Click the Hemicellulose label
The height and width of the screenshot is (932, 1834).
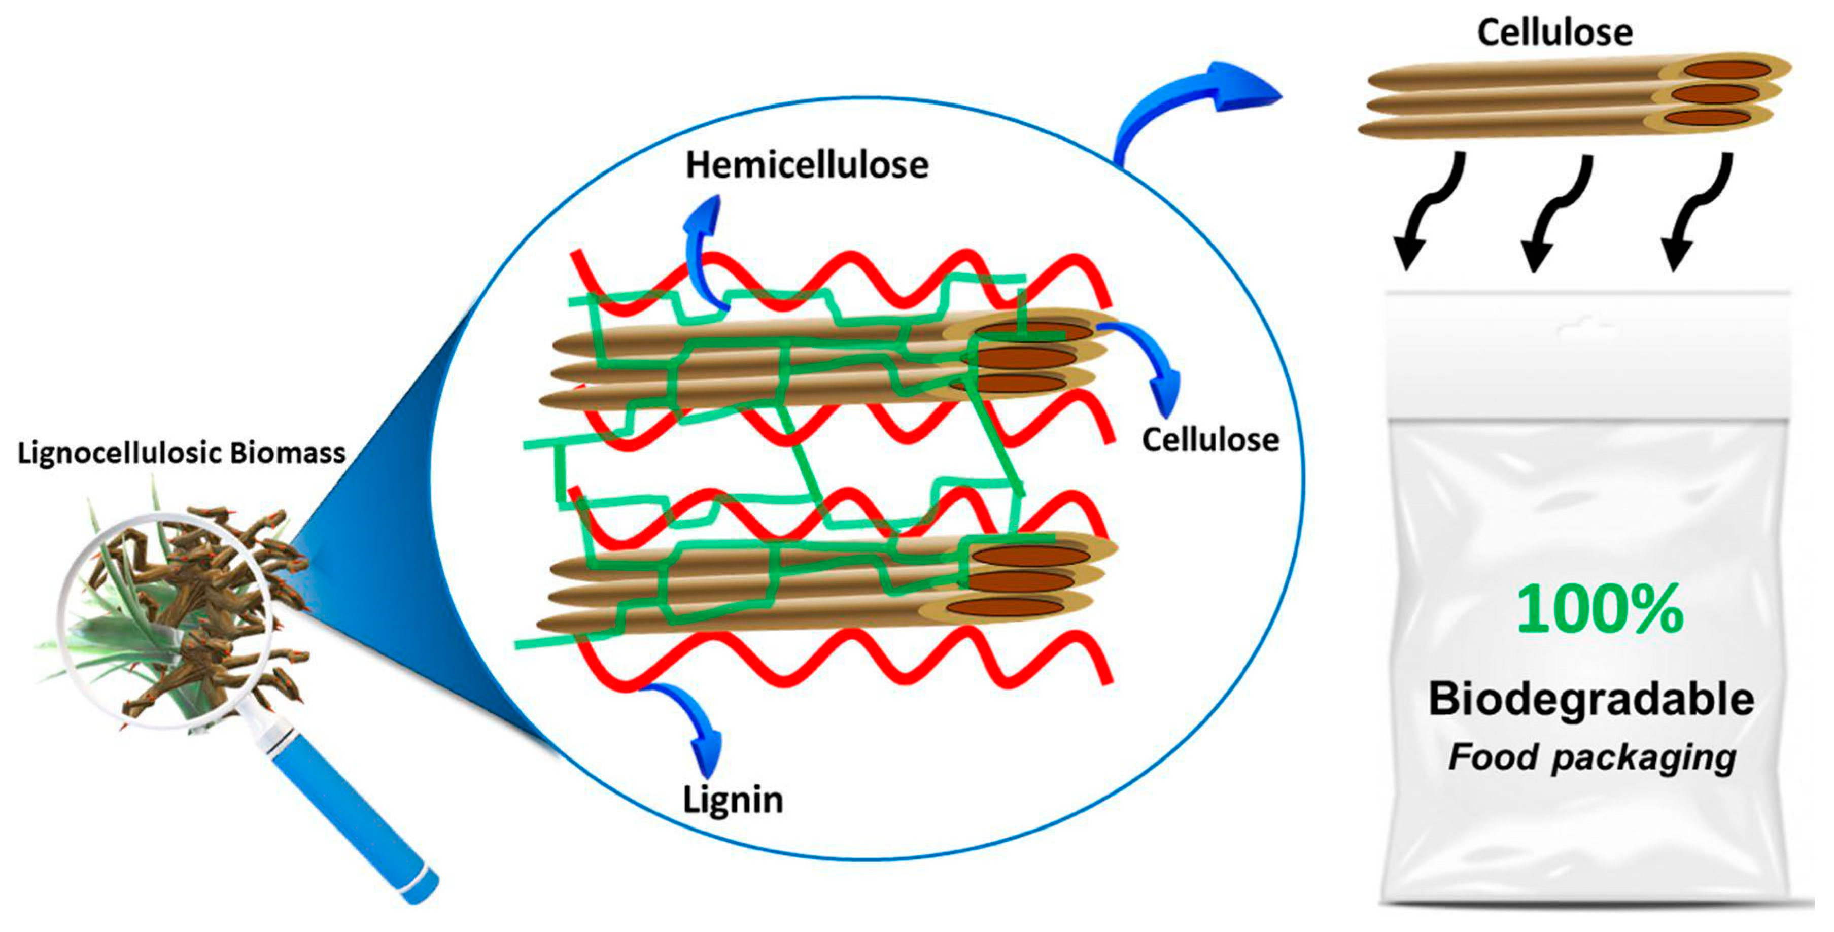coord(807,165)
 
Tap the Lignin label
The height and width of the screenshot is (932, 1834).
coord(733,800)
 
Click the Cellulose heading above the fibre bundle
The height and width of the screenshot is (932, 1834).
coord(1554,33)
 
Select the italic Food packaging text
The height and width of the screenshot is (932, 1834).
coord(1592,757)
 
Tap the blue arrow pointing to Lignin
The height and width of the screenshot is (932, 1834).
coord(694,726)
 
